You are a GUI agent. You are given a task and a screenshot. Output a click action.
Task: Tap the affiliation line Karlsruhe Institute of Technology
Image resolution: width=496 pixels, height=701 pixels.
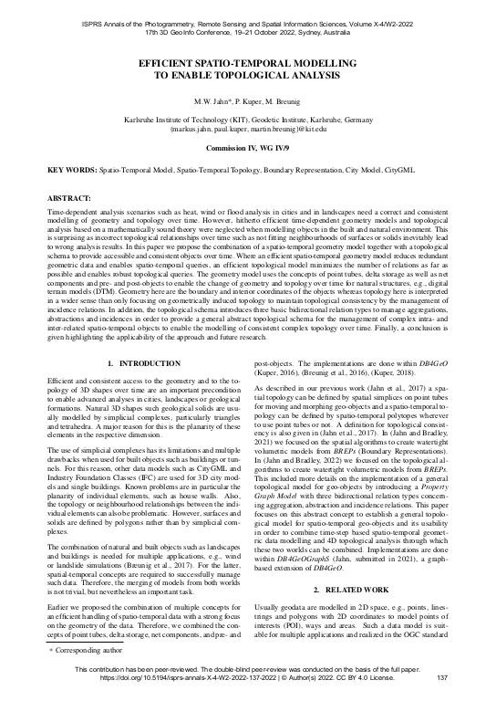coord(248,120)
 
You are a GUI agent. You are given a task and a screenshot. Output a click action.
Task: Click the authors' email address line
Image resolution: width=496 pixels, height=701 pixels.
coord(248,130)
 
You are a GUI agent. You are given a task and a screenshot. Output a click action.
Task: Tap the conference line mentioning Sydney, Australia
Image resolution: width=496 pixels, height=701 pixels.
coord(248,27)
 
